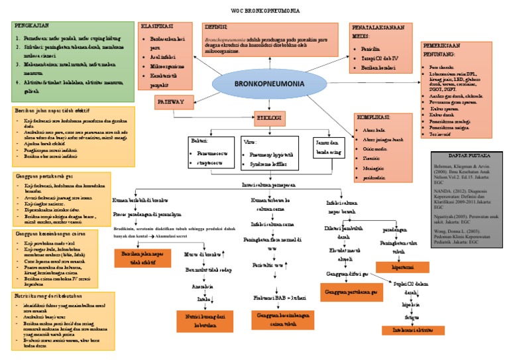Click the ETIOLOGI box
pyautogui.click(x=269, y=117)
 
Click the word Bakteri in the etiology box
pyautogui.click(x=200, y=141)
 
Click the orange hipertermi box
pyautogui.click(x=399, y=266)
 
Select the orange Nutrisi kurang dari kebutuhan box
pyautogui.click(x=204, y=322)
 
